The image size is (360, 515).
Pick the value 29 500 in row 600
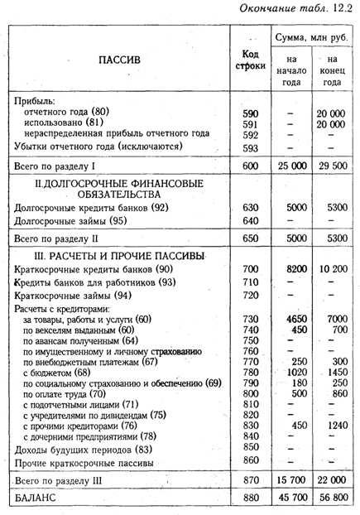[331, 166]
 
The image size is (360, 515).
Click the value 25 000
[291, 166]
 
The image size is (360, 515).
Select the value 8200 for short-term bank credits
[292, 270]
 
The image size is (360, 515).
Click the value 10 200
[331, 270]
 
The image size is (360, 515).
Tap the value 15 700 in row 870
[291, 481]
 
